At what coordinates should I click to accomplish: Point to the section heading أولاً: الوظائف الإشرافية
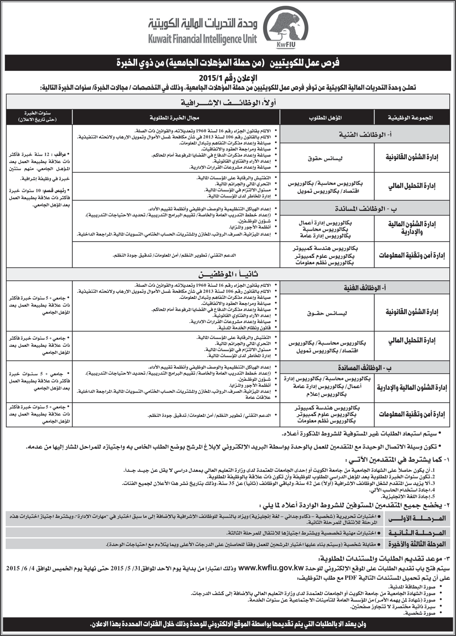228,102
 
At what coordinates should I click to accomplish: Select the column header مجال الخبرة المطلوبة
176,117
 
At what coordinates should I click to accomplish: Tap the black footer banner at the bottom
228,625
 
